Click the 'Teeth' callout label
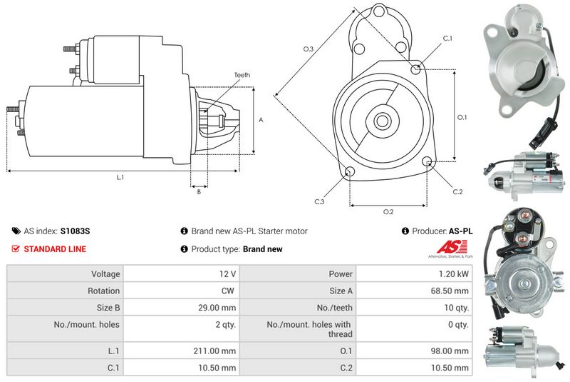pos(242,75)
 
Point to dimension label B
pos(199,191)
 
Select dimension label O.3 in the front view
pos(309,49)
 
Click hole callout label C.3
pos(319,202)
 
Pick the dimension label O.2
pos(388,212)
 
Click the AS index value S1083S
pos(75,231)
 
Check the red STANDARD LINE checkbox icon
pos(16,249)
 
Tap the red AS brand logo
pos(447,247)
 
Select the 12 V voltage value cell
pos(228,273)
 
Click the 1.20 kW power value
pos(457,273)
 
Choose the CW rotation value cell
pos(229,291)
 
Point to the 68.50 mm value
pos(452,291)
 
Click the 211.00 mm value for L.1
pos(219,351)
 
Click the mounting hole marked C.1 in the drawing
pos(417,69)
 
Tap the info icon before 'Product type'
pos(184,249)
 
